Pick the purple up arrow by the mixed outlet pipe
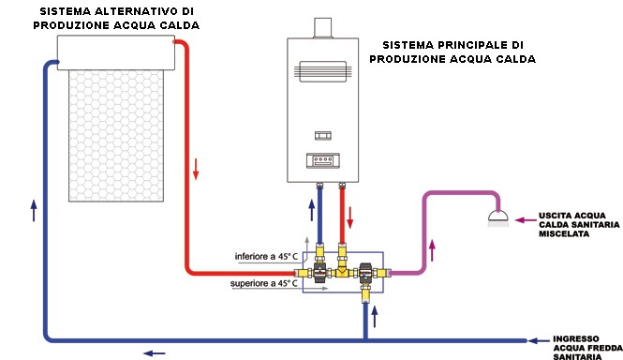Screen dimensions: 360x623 point(432,250)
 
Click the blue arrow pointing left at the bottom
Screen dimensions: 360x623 point(151,352)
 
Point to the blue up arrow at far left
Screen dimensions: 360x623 point(33,210)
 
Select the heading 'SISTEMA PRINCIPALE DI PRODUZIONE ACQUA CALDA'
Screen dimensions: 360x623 point(452,52)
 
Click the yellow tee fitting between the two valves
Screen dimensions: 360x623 point(342,273)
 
